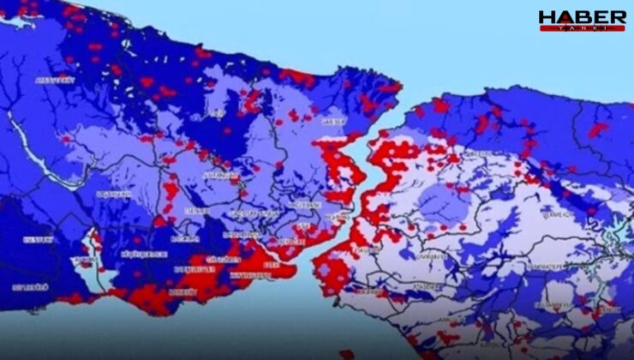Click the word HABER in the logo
click(x=582, y=16)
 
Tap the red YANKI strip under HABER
click(x=582, y=27)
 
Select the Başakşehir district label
click(x=112, y=195)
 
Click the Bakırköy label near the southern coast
click(x=182, y=291)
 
